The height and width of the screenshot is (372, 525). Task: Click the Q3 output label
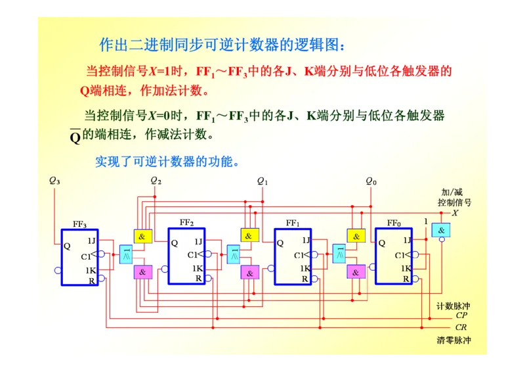54,180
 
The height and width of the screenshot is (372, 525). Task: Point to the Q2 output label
156,180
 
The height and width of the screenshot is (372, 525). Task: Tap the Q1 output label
262,180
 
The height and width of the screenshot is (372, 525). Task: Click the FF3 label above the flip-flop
79,224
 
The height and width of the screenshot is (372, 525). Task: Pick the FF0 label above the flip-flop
394,223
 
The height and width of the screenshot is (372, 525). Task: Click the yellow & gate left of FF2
143,236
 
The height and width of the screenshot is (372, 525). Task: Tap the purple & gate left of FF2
143,271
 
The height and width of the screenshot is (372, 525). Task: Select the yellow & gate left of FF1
249,236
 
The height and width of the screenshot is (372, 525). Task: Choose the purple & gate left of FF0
356,271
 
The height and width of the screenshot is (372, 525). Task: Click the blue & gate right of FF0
441,230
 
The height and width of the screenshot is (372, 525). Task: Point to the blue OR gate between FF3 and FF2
127,254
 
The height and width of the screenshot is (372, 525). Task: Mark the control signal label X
455,213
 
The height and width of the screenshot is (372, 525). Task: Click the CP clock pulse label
461,315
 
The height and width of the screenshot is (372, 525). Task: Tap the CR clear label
461,327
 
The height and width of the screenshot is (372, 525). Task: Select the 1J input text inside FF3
91,241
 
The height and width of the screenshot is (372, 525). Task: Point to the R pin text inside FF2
198,279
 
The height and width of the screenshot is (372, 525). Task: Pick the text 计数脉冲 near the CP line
453,306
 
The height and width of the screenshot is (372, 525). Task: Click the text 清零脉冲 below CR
453,340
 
